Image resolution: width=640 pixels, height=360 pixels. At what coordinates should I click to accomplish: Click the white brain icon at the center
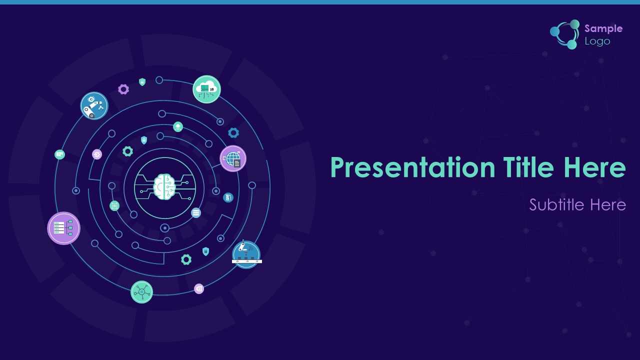164,187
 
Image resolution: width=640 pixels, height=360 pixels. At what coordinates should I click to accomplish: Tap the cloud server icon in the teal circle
206,89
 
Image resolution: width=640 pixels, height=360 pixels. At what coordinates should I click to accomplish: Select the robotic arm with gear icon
94,105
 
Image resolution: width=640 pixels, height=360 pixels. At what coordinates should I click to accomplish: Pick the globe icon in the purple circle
233,158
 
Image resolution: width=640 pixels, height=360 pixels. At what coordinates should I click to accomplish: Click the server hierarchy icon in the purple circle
63,228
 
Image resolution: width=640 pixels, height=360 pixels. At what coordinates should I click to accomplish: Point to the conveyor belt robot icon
246,254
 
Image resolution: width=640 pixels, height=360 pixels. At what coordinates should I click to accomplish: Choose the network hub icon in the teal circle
141,291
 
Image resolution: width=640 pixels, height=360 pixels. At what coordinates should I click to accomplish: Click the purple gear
123,89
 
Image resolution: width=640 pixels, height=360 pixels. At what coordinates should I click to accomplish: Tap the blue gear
233,133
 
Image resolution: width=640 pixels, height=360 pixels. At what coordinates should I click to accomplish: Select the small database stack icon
195,213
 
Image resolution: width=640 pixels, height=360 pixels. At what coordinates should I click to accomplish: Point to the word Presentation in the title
413,167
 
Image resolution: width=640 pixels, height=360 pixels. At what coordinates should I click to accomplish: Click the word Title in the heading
528,167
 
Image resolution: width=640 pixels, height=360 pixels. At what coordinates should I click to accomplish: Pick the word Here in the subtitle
608,205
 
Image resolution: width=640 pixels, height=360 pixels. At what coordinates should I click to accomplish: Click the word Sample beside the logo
603,28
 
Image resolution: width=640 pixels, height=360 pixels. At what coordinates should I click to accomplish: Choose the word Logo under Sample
597,41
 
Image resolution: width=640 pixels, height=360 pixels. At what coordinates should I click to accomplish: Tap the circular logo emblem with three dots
565,34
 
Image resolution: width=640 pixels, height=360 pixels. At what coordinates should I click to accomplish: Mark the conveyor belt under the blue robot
247,261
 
